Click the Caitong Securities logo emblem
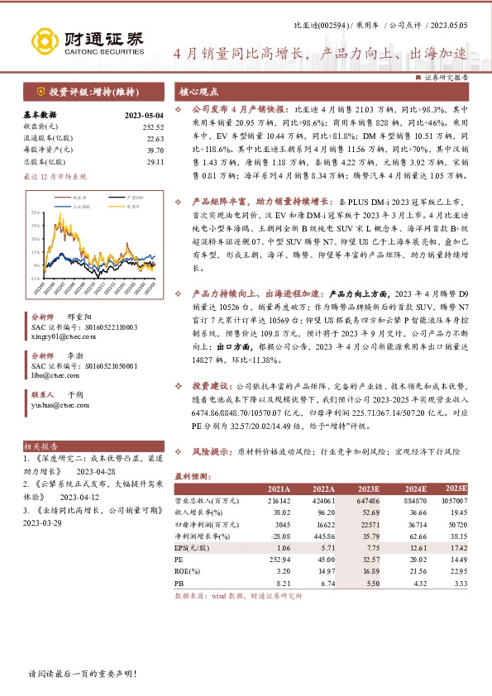(42, 41)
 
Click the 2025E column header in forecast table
(456, 489)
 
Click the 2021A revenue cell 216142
(278, 500)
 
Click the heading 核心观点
(199, 93)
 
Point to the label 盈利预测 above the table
(194, 475)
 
